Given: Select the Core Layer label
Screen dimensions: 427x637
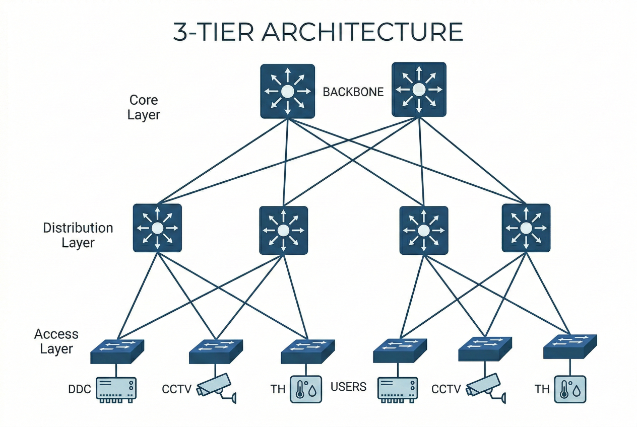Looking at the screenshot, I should click(x=144, y=107).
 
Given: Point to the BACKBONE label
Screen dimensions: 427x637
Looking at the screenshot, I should click(x=353, y=92).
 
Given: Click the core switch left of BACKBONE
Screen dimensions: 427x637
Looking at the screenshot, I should click(x=287, y=91).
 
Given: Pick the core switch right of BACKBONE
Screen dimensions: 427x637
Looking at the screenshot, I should click(x=419, y=90).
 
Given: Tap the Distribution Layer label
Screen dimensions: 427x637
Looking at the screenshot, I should click(x=78, y=235).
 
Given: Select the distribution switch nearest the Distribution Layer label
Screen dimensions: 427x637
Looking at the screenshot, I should click(x=157, y=228).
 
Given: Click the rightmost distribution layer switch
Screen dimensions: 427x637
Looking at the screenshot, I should click(x=526, y=228).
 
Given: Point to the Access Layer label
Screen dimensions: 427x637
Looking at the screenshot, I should click(x=56, y=341).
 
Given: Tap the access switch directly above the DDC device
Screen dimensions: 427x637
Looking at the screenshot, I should click(x=117, y=351).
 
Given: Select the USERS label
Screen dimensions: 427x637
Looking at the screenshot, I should click(x=348, y=387).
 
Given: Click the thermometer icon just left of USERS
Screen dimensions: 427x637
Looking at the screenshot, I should click(x=305, y=389).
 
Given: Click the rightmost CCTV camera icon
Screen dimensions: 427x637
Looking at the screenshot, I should click(x=484, y=388).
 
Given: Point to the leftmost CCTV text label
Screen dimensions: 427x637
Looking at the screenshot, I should click(x=176, y=389).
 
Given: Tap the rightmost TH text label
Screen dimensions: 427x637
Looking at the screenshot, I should click(x=542, y=389).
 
